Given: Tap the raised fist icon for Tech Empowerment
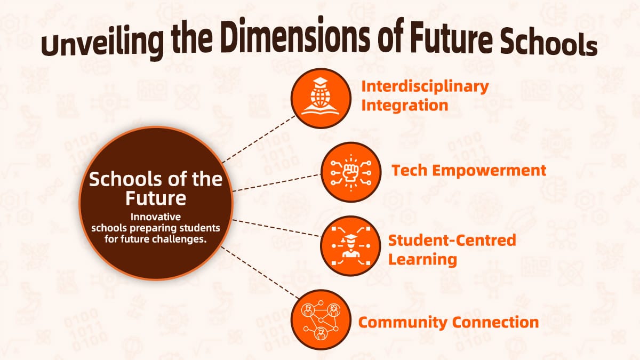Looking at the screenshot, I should coord(350,172).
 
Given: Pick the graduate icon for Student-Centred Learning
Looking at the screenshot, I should coord(350,245).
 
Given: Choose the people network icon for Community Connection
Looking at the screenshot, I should coord(321,320).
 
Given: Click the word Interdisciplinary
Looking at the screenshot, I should coord(425,86).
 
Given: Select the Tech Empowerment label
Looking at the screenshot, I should coord(469,171).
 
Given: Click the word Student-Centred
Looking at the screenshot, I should coord(452,240).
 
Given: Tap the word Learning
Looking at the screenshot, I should coord(422,259).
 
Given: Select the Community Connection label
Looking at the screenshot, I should coord(448,322).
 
